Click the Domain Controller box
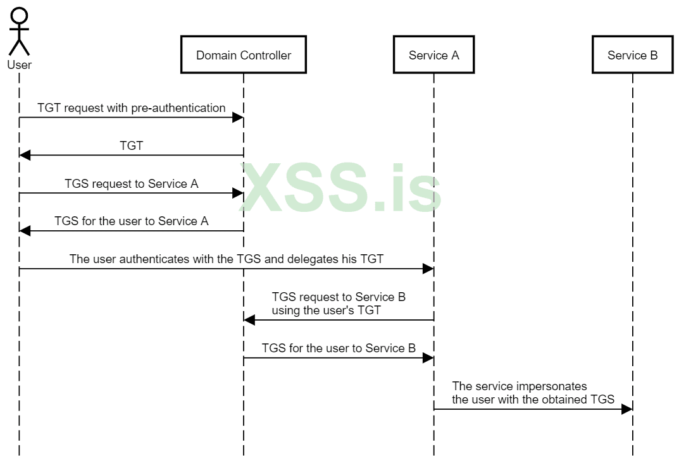coord(244,55)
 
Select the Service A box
coord(433,55)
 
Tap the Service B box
coord(632,55)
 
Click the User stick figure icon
coord(20,32)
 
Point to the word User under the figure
coord(20,65)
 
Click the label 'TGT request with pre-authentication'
coord(131,108)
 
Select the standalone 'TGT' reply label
coord(132,146)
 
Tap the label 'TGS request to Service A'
coord(132,184)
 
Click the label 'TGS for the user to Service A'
coord(132,221)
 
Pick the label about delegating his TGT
coord(226,259)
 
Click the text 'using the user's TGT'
coord(327,310)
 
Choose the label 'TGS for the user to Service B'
coord(339,348)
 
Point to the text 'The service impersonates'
coord(520,386)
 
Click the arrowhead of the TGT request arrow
coord(238,118)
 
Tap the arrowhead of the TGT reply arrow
coord(25,156)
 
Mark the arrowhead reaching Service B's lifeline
coord(626,409)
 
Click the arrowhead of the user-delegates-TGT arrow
coord(428,269)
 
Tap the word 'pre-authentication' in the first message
coord(178,108)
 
